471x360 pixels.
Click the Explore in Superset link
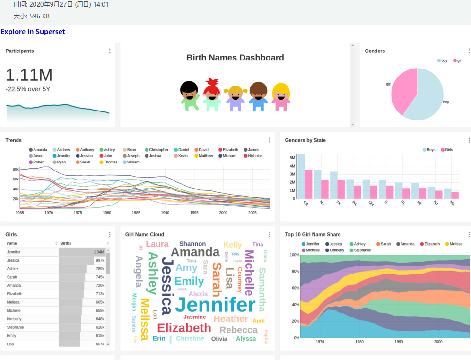point(33,32)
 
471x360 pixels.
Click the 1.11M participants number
point(29,75)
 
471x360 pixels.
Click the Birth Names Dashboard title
point(235,58)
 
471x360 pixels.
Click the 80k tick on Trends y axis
point(16,169)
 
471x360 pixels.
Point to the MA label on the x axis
point(452,204)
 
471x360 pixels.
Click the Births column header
point(66,243)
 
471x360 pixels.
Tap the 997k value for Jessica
point(99,260)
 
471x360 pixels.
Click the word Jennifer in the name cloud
point(215,305)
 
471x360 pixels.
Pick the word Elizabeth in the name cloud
point(184,328)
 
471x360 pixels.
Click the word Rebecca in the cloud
point(238,330)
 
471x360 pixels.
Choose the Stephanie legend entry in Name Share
point(362,250)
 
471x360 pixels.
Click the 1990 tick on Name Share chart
point(399,342)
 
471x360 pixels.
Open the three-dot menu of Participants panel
point(110,51)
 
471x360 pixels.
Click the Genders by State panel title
point(305,140)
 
